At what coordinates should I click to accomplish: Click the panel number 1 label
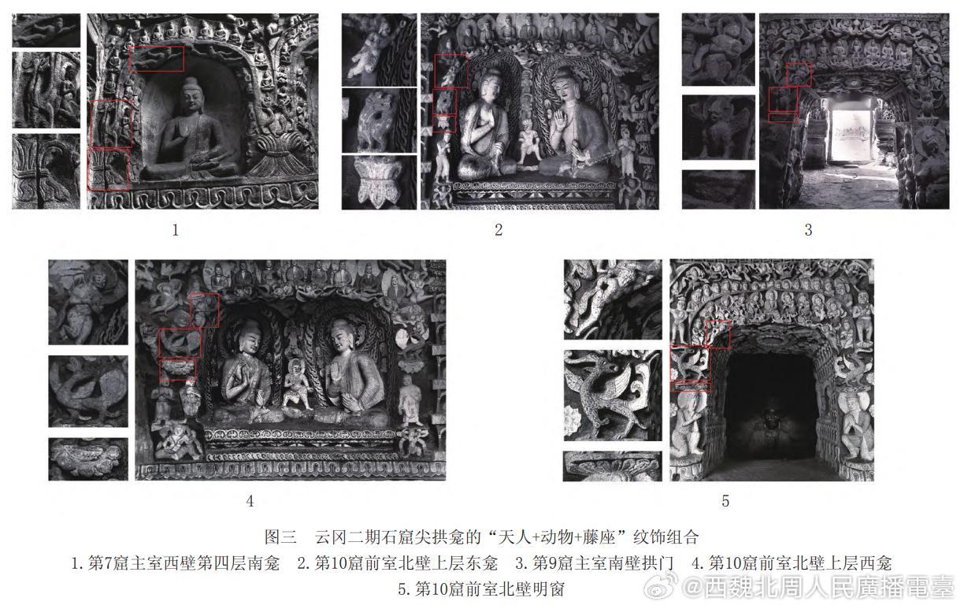(175, 230)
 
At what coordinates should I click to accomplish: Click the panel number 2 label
(499, 230)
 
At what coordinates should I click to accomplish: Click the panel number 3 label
(808, 230)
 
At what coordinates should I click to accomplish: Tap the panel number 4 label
(250, 501)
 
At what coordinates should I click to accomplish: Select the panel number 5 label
(725, 501)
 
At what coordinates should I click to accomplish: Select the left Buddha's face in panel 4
(249, 342)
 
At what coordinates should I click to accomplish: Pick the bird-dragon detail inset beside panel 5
(613, 395)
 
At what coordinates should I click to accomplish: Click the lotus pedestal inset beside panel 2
(379, 182)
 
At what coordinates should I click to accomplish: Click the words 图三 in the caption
(280, 537)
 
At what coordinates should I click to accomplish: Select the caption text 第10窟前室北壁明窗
(489, 589)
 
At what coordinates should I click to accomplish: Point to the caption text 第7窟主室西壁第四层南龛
(184, 563)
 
